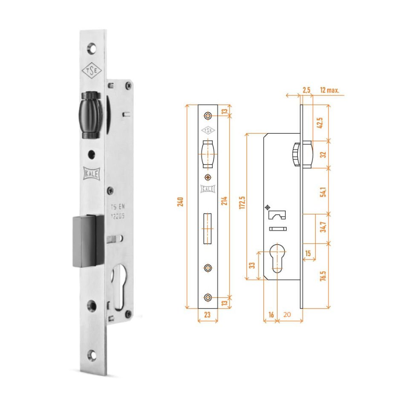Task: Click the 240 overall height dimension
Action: tap(181, 202)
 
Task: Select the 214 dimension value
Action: tap(224, 202)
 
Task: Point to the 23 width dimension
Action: tap(207, 316)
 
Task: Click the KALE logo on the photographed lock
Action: tap(92, 174)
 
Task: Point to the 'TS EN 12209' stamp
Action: tap(118, 212)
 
